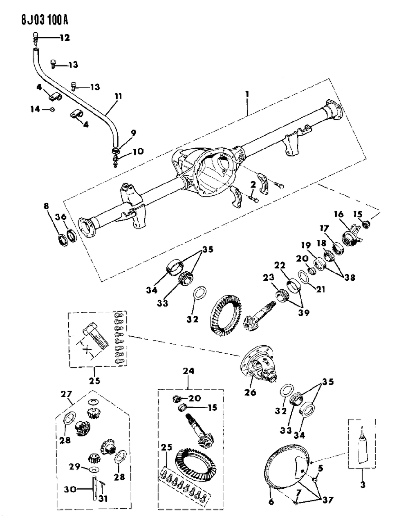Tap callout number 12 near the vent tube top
(x=64, y=38)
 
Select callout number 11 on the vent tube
(x=118, y=96)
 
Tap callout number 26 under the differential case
(x=250, y=393)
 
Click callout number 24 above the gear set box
(x=188, y=371)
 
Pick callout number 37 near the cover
(x=327, y=500)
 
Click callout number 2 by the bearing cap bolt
(x=253, y=185)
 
